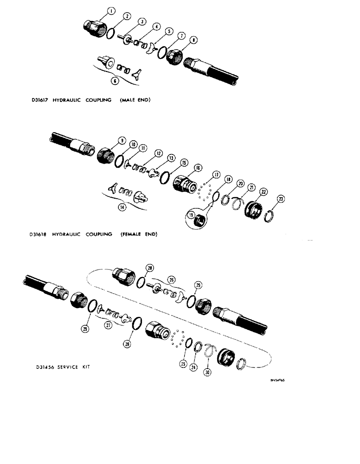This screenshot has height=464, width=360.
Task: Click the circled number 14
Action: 122,208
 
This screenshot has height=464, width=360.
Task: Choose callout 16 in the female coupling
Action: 198,168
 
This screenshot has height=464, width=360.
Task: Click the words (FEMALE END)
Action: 139,234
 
